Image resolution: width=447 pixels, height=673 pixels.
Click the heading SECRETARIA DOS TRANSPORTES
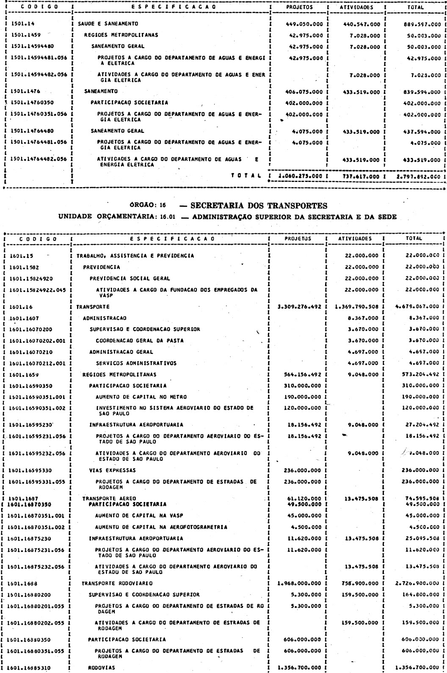click(259, 206)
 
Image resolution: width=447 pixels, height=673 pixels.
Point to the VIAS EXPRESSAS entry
click(112, 470)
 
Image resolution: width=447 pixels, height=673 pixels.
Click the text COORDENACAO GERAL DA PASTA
click(131, 340)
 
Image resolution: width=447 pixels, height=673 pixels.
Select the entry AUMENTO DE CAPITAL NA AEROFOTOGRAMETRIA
click(161, 527)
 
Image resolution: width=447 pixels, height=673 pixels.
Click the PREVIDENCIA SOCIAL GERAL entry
click(130, 278)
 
